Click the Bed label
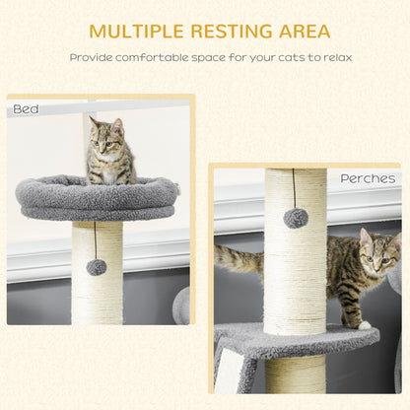pyautogui.click(x=27, y=109)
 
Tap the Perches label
pyautogui.click(x=368, y=178)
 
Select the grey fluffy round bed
pyautogui.click(x=96, y=197)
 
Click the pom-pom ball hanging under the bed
pyautogui.click(x=97, y=267)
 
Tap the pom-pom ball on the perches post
pyautogui.click(x=296, y=218)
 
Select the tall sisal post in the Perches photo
pyautogui.click(x=295, y=266)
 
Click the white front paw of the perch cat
pyautogui.click(x=364, y=324)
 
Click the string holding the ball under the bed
pyautogui.click(x=96, y=239)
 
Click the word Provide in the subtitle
pyautogui.click(x=91, y=57)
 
